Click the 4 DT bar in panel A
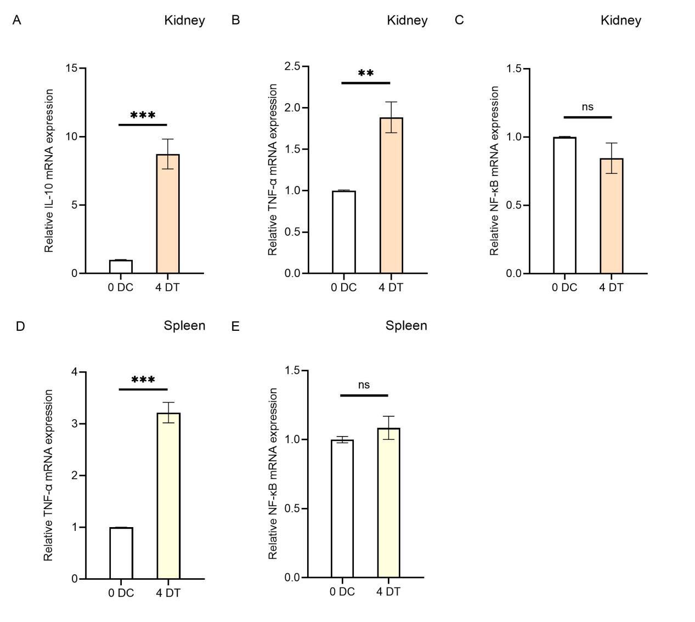168,214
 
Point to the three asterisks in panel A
143,116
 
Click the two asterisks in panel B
366,73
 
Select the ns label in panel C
587,107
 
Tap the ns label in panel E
364,385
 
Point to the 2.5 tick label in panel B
292,66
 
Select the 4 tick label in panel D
75,372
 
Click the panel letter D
20,326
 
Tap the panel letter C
459,20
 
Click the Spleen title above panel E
406,326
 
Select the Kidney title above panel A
184,21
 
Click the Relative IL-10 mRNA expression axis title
49,171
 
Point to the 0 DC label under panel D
121,593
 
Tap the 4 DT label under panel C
611,287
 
